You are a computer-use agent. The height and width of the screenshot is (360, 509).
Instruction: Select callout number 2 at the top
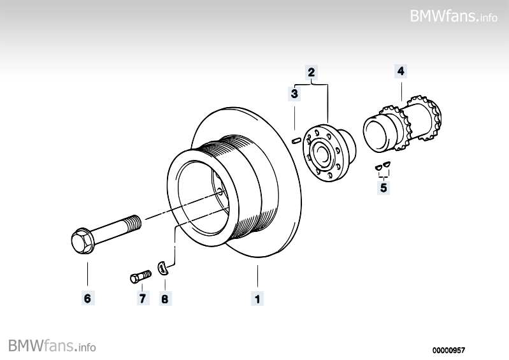[x=312, y=72]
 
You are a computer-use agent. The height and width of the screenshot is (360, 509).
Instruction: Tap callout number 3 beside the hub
[x=294, y=94]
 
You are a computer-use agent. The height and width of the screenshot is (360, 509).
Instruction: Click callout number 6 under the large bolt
[x=87, y=298]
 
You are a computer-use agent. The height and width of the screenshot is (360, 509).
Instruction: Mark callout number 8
[x=165, y=298]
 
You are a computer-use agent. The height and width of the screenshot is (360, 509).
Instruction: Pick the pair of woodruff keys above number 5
[x=384, y=168]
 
